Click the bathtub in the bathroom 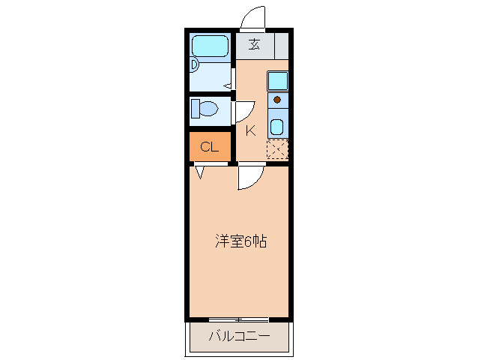pos(211,46)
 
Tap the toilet pos(203,109)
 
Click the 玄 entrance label pos(255,44)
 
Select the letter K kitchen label pos(250,130)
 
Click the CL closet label pos(209,147)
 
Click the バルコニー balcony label pos(239,335)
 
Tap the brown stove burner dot pos(277,99)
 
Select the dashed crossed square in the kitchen pos(277,149)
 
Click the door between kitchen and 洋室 pos(249,178)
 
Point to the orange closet pos(211,147)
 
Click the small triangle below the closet pos(200,172)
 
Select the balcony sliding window pos(239,319)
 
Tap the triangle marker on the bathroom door pos(226,85)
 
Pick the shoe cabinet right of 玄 pos(281,44)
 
